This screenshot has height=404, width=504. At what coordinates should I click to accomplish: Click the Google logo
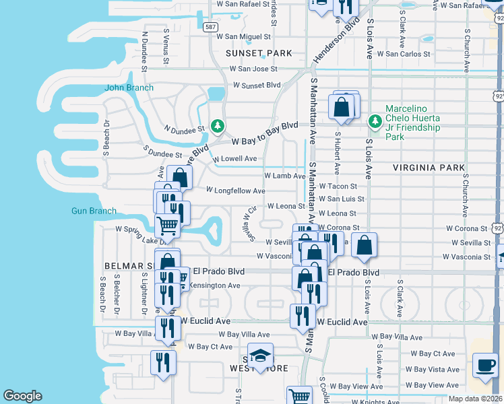[22, 396]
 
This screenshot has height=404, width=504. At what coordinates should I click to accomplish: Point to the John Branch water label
[129, 88]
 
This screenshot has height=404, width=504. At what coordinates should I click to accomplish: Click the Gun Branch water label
[94, 211]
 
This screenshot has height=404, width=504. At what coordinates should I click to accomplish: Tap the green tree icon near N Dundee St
[217, 125]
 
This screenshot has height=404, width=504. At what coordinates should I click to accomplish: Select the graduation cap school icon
[260, 357]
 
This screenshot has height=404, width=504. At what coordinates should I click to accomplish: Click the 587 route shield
[211, 27]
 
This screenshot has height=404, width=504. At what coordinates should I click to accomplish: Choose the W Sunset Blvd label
[256, 86]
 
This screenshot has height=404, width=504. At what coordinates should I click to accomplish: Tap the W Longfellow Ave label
[235, 191]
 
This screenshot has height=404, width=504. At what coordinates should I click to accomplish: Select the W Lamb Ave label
[285, 175]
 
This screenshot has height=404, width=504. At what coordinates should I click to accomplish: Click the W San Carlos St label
[403, 53]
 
